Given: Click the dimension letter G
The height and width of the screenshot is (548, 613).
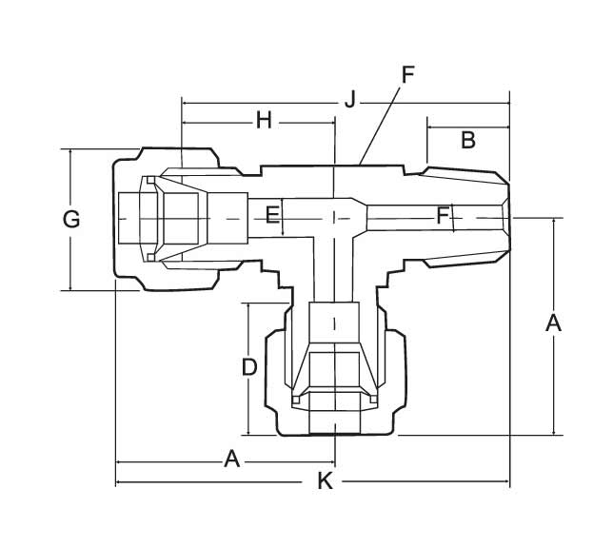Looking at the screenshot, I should [x=71, y=220].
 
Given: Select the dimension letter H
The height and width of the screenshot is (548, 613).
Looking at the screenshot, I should [x=264, y=120].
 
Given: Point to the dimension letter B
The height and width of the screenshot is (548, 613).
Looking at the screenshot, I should [x=467, y=140].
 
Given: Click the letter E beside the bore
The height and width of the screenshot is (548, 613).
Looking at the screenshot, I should [x=272, y=215].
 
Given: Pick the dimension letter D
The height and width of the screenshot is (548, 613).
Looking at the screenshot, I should [x=248, y=366].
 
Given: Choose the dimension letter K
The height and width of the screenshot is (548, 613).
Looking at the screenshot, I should [x=325, y=482].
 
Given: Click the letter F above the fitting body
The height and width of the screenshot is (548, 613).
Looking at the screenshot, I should [x=407, y=75].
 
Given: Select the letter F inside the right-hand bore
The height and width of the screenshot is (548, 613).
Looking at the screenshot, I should [x=443, y=216].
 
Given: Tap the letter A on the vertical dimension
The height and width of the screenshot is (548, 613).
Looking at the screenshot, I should [x=553, y=323].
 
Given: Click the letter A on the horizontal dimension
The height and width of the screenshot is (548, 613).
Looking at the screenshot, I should [x=231, y=460].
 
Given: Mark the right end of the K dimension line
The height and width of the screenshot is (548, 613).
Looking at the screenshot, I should [x=509, y=483].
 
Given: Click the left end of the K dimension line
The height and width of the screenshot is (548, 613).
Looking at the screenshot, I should [x=116, y=483].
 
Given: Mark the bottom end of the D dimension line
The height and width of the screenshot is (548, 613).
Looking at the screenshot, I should [x=247, y=433].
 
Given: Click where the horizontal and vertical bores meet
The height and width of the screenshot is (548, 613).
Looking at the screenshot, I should [x=334, y=217].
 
